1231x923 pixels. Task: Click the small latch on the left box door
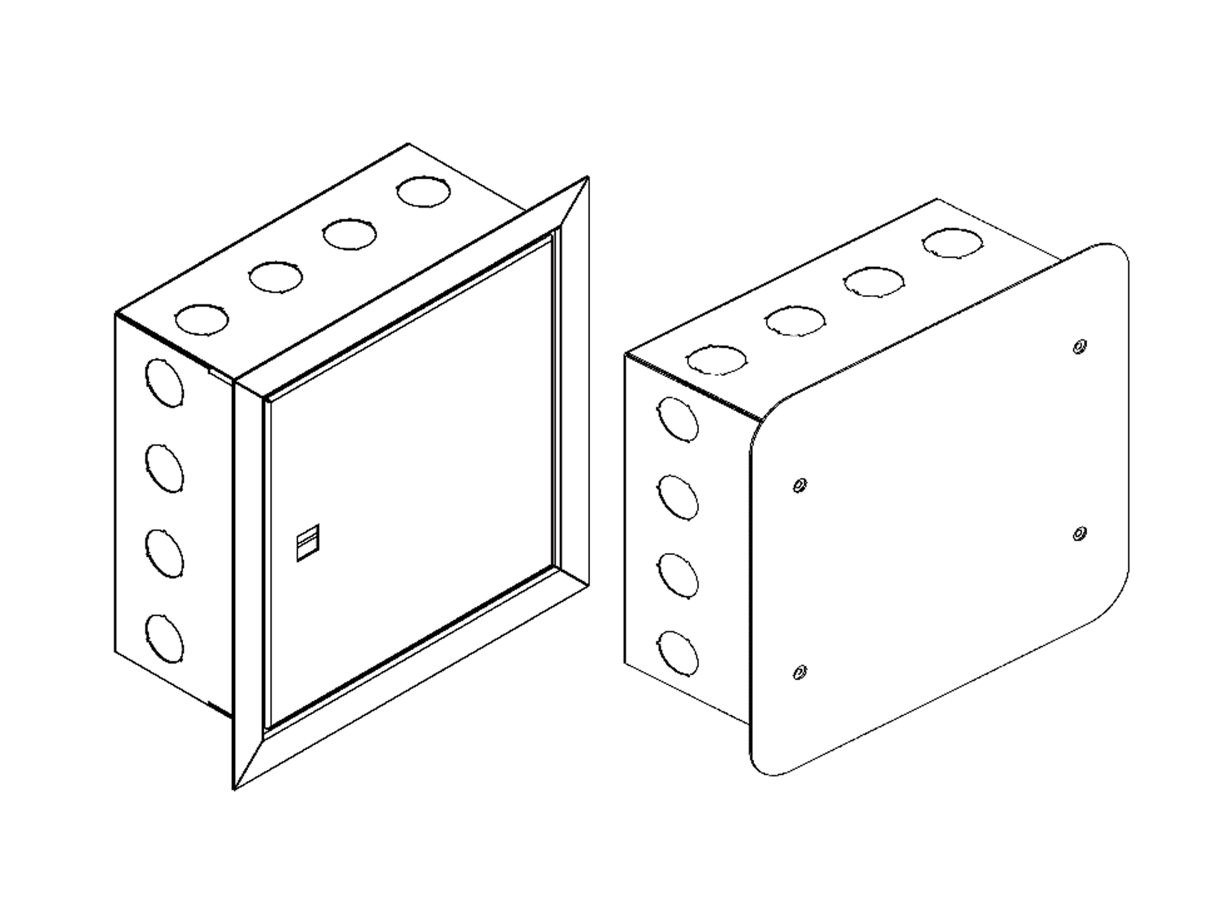(x=307, y=542)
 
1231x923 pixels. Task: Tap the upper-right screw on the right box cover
(x=1079, y=347)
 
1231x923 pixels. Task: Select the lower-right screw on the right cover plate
(x=1079, y=534)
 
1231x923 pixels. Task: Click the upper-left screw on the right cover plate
(x=800, y=485)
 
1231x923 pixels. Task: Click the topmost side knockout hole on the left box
(x=164, y=383)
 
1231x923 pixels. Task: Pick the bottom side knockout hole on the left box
(x=164, y=638)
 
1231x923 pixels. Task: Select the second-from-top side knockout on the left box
(x=164, y=468)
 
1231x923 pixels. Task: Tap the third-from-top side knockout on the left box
(x=164, y=554)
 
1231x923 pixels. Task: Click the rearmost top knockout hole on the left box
(x=423, y=192)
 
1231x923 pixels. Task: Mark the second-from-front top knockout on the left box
(x=276, y=277)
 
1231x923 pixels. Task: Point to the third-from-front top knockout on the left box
(x=349, y=234)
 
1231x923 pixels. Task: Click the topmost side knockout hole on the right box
(x=677, y=419)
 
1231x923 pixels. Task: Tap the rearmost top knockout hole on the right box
(x=952, y=243)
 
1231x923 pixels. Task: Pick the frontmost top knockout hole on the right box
(x=716, y=360)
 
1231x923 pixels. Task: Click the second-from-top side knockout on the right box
(x=677, y=498)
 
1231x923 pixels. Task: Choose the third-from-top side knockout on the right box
(x=677, y=575)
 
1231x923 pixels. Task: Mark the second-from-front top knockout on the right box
(x=795, y=321)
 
